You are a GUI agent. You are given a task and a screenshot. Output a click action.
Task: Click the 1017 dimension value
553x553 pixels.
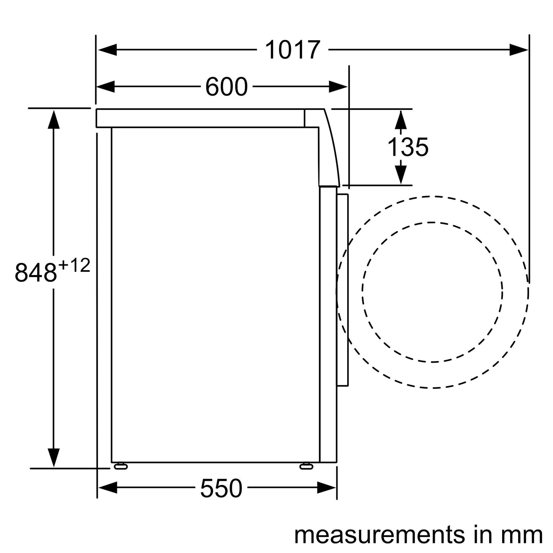pyautogui.click(x=292, y=50)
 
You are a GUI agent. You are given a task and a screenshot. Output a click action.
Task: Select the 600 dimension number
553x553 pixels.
pyautogui.click(x=226, y=87)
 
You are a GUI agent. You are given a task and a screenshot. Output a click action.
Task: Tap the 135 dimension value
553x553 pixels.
pyautogui.click(x=408, y=147)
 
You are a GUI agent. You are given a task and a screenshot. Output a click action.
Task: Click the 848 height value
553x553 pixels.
pyautogui.click(x=35, y=272)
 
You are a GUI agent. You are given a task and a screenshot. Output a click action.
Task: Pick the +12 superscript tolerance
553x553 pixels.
pyautogui.click(x=74, y=266)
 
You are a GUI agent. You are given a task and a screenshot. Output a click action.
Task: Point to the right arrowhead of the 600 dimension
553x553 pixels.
pyautogui.click(x=338, y=87)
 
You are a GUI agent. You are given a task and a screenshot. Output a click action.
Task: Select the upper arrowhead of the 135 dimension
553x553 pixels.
pyautogui.click(x=400, y=120)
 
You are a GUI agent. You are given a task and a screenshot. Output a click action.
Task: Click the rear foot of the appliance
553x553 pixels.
pyautogui.click(x=121, y=466)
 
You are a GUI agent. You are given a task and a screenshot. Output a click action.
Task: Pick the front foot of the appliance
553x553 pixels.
pyautogui.click(x=306, y=466)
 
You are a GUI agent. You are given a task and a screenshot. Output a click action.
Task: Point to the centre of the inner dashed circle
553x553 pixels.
pyautogui.click(x=432, y=292)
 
